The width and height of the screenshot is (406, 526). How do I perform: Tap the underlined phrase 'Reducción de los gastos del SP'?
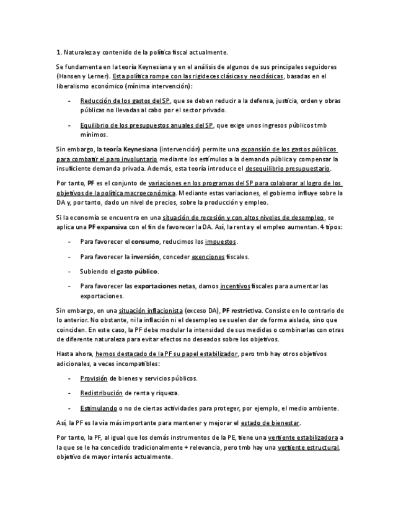pyautogui.click(x=125, y=100)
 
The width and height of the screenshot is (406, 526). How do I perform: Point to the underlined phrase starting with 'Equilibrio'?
pyautogui.click(x=146, y=125)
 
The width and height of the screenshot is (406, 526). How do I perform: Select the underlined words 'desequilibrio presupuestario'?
pyautogui.click(x=288, y=169)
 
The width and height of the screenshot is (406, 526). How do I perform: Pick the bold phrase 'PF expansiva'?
pyautogui.click(x=108, y=227)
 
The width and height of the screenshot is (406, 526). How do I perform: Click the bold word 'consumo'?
pyautogui.click(x=145, y=241)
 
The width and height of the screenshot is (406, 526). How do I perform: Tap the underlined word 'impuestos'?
pyautogui.click(x=221, y=241)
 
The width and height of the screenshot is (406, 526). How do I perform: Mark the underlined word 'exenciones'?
pyautogui.click(x=208, y=256)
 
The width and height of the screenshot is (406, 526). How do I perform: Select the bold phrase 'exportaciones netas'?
pyautogui.click(x=164, y=286)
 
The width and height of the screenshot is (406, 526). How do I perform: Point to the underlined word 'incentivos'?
pyautogui.click(x=235, y=286)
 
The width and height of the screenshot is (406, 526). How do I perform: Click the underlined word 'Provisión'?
pyautogui.click(x=94, y=378)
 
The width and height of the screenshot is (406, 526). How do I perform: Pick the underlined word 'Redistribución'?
pyautogui.click(x=101, y=393)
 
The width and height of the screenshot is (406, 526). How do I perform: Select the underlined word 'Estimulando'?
pyautogui.click(x=99, y=408)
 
